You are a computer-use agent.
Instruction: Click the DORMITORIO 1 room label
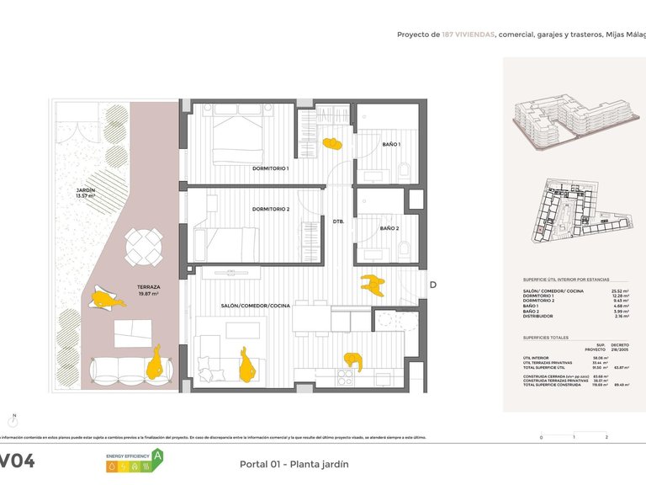pos(270,168)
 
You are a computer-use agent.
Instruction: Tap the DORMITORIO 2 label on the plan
pos(270,209)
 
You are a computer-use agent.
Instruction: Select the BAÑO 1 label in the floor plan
pos(390,145)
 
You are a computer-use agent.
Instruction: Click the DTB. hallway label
pos(338,221)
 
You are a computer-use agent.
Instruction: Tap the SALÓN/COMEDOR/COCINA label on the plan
pos(256,306)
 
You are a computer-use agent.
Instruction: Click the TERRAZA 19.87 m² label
pos(149,290)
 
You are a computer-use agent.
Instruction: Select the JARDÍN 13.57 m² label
pos(86,193)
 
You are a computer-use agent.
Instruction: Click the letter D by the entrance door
pos(433,285)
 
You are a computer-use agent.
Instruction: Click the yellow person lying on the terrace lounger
pos(103,298)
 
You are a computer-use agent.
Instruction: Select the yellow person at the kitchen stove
pos(353,360)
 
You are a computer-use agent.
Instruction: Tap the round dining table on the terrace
pos(144,247)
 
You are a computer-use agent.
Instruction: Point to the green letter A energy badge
pos(156,457)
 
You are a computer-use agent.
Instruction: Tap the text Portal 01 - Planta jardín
pos(294,464)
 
